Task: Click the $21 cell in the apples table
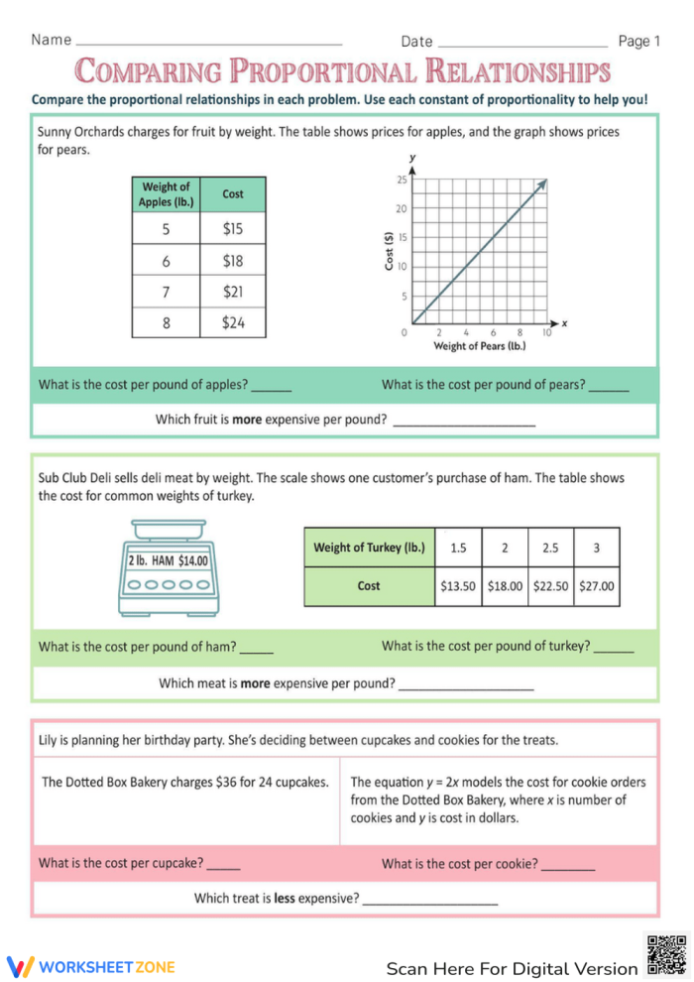pyautogui.click(x=233, y=292)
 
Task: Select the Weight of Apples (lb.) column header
pyautogui.click(x=166, y=194)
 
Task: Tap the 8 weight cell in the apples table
pyautogui.click(x=166, y=322)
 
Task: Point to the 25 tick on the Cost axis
pyautogui.click(x=402, y=180)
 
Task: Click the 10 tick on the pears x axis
pyautogui.click(x=546, y=333)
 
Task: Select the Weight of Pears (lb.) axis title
pyautogui.click(x=480, y=346)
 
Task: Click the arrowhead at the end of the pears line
pyautogui.click(x=543, y=184)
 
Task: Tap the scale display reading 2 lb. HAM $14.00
pyautogui.click(x=168, y=560)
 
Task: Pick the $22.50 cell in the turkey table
pyautogui.click(x=550, y=586)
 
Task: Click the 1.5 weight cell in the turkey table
pyautogui.click(x=458, y=548)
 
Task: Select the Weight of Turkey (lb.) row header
pyautogui.click(x=369, y=548)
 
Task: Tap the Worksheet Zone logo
pyautogui.click(x=91, y=966)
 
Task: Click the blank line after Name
pyautogui.click(x=209, y=44)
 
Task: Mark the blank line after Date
pyautogui.click(x=521, y=45)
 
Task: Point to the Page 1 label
pyautogui.click(x=638, y=41)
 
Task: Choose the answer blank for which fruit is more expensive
pyautogui.click(x=464, y=425)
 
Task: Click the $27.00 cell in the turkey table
pyautogui.click(x=597, y=586)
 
